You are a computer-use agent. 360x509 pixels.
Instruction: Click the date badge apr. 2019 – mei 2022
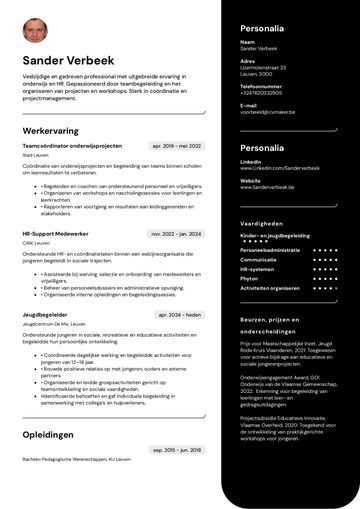(176, 146)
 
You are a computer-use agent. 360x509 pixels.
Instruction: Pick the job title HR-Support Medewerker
(55, 233)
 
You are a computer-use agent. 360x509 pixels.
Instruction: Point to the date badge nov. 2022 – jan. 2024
(176, 233)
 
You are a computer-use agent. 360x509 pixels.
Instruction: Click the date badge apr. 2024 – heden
(179, 314)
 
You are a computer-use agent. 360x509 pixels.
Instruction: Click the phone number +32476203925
(261, 92)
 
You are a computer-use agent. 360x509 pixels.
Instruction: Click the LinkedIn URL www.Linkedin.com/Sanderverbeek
(273, 167)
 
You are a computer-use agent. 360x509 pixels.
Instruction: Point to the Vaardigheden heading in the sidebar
(262, 223)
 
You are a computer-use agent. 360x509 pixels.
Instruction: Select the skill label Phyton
(249, 278)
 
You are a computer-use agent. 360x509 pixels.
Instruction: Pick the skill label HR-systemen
(257, 268)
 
